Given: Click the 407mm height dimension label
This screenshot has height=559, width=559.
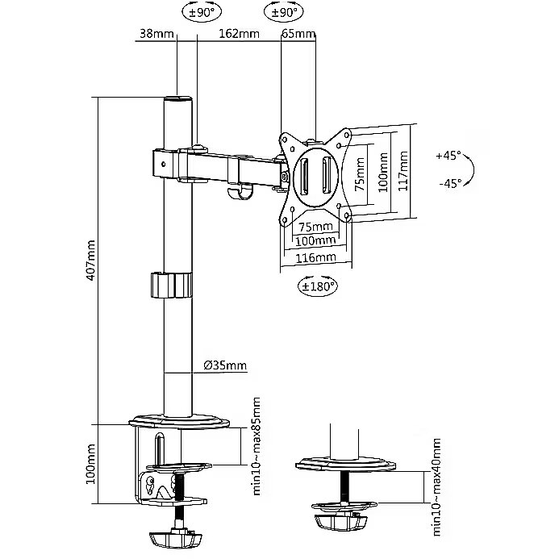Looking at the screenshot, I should click(91, 260).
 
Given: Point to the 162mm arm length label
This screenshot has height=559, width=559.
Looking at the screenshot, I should click(239, 35).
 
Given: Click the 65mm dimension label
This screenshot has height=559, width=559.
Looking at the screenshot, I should click(298, 35).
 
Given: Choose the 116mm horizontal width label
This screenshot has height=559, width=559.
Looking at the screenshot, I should click(315, 257).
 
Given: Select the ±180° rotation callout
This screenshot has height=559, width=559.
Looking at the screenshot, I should click(317, 286).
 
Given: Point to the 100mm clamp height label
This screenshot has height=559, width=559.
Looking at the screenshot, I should click(91, 464).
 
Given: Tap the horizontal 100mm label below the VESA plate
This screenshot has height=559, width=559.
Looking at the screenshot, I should click(315, 241).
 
